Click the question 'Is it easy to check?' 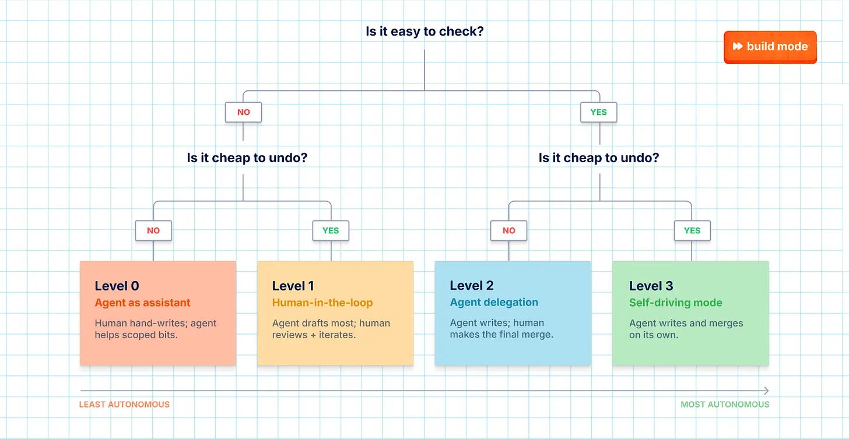pos(424,31)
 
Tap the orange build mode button pos(770,47)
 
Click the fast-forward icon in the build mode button pos(737,46)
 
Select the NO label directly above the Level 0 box pos(153,230)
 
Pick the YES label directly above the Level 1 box pos(331,230)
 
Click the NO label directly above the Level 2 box pos(508,230)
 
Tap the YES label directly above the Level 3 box pos(692,230)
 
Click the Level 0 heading pos(117,286)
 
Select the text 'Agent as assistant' pos(142,303)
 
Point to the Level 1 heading pos(293,286)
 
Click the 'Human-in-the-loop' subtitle pos(322,303)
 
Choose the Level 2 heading pos(472,286)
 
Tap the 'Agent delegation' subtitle pos(494,302)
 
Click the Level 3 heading pos(651,286)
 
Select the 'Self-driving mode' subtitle pos(676,303)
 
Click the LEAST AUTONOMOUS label pos(124,405)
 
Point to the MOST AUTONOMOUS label pos(725,405)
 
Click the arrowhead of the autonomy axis pos(767,391)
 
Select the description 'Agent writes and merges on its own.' pos(686,329)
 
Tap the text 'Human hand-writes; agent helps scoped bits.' pos(155,329)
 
